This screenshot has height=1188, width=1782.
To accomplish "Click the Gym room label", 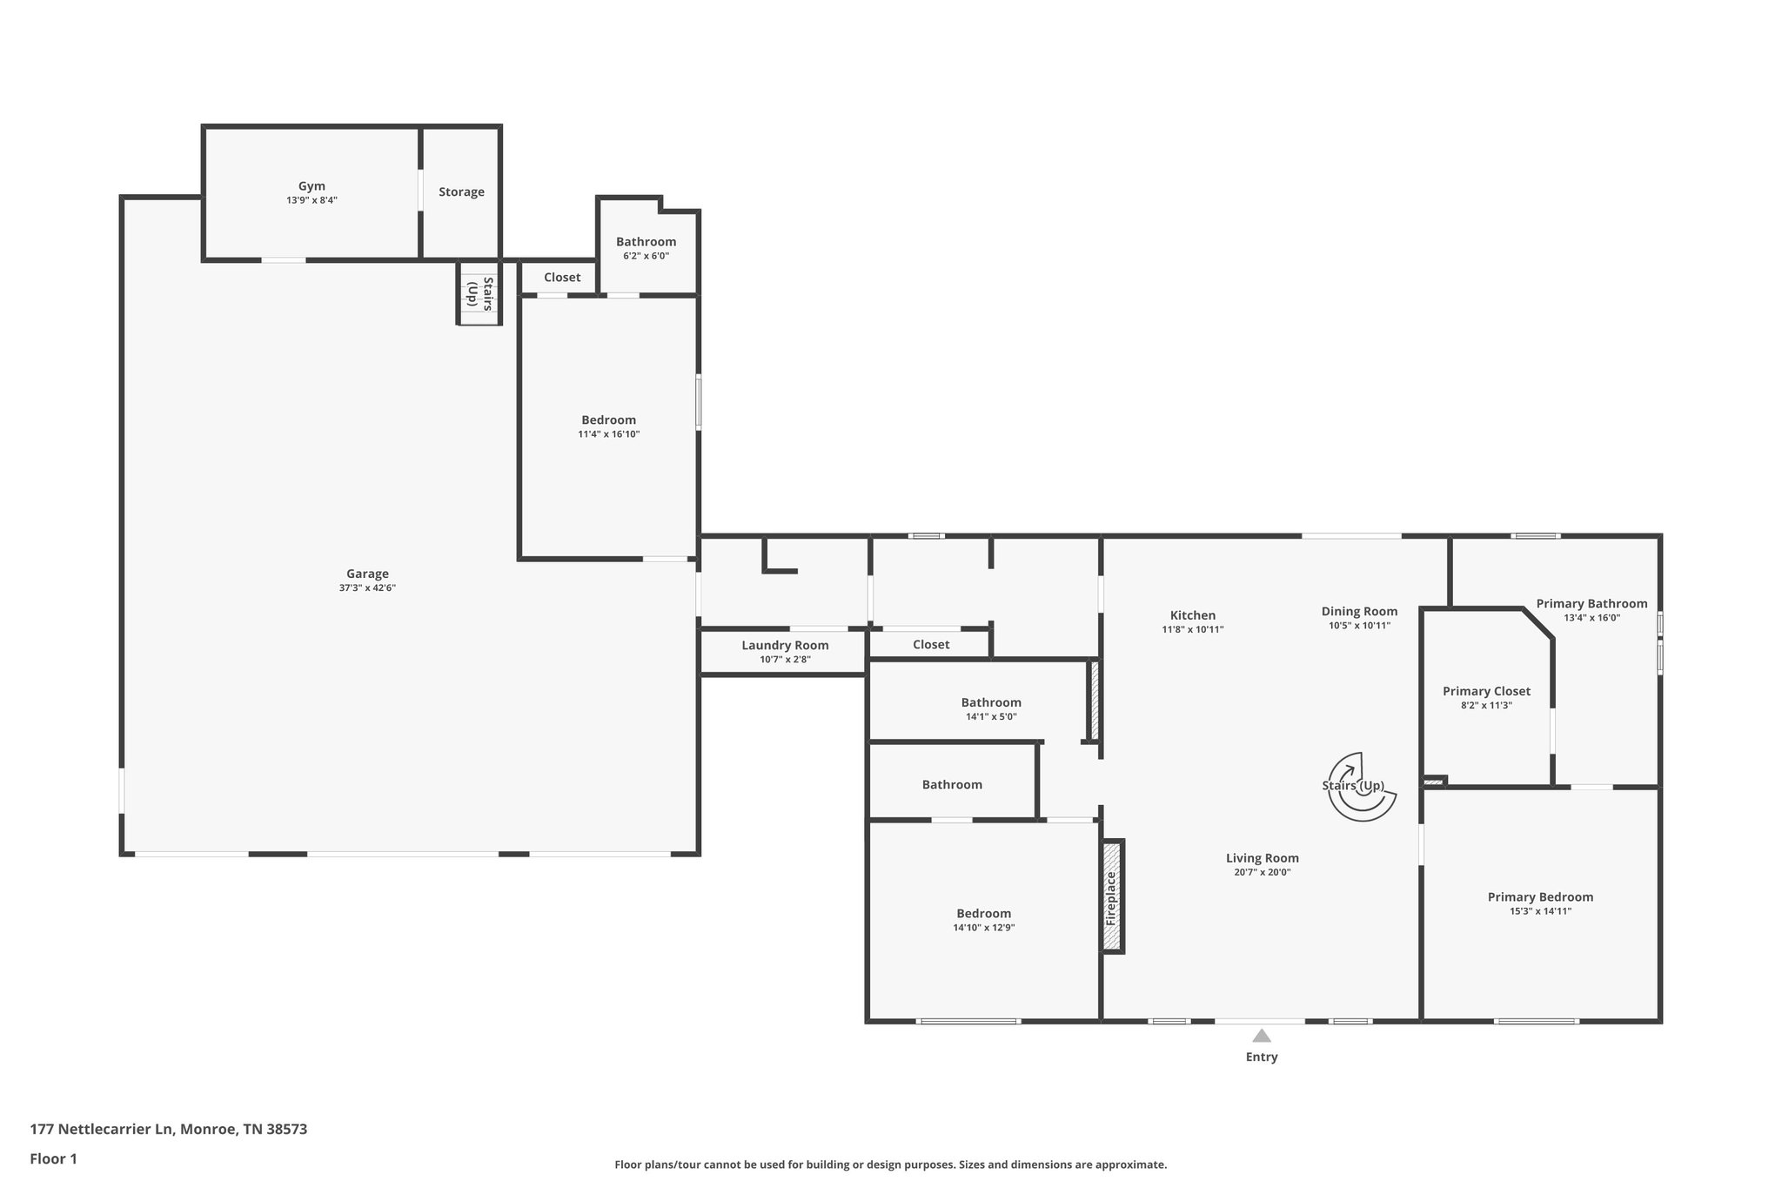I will coord(312,186).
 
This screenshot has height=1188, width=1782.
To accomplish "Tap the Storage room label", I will coord(461,192).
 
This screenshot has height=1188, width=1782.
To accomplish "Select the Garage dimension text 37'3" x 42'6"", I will coord(367,588).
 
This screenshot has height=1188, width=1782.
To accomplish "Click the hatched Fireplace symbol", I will coord(1111,897).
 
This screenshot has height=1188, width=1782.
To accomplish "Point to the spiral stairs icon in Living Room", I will coord(1361,787).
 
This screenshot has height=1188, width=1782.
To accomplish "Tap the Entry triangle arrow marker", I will coord(1262,1036).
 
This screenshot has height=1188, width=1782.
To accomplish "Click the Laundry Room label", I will coord(785,646).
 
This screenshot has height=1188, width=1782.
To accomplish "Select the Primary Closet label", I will coord(1486,692).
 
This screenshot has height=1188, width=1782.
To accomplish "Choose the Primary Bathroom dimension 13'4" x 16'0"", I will coord(1591,618).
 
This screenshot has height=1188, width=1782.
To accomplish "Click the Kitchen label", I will coord(1192,615).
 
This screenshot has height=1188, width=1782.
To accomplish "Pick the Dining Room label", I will coord(1359,612).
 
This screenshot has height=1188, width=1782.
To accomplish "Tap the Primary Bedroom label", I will coord(1540,897).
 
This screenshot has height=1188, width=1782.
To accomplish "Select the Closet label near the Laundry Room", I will coord(931,645).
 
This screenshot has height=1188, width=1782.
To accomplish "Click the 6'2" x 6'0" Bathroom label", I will coord(646,242).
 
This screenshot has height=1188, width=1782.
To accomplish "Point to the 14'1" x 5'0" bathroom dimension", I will coord(991,717).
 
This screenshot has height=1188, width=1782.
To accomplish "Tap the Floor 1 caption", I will coord(54,1159).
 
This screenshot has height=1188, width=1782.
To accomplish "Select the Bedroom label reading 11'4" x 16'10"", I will coord(608,420).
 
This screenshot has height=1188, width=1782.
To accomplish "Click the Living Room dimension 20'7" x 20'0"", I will coord(1262,872).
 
